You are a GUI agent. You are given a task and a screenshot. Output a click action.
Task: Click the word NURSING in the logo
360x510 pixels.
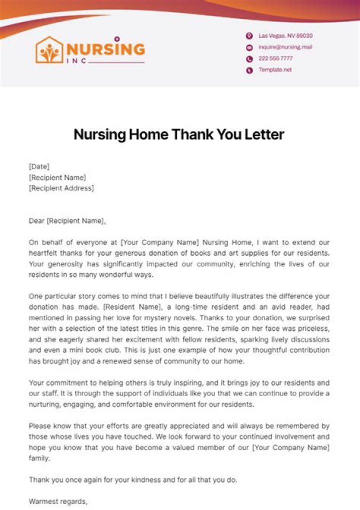click(x=105, y=49)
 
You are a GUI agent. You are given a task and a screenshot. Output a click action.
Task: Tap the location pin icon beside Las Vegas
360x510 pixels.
click(x=249, y=36)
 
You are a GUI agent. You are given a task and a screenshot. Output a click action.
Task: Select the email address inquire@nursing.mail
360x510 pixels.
click(x=285, y=47)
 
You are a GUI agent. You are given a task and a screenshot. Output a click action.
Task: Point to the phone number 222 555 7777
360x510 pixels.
click(x=275, y=58)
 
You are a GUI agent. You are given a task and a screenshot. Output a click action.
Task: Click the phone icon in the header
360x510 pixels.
click(x=249, y=59)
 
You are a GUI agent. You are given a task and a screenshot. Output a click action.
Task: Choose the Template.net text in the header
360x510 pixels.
click(x=274, y=70)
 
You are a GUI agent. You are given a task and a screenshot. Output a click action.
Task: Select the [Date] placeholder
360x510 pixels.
click(x=39, y=166)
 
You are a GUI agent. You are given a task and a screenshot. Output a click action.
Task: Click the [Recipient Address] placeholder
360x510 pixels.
click(x=61, y=188)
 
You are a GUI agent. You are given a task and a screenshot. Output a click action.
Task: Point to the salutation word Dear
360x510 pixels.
click(x=37, y=220)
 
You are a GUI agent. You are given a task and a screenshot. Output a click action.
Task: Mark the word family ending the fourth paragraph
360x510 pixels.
click(x=39, y=458)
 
